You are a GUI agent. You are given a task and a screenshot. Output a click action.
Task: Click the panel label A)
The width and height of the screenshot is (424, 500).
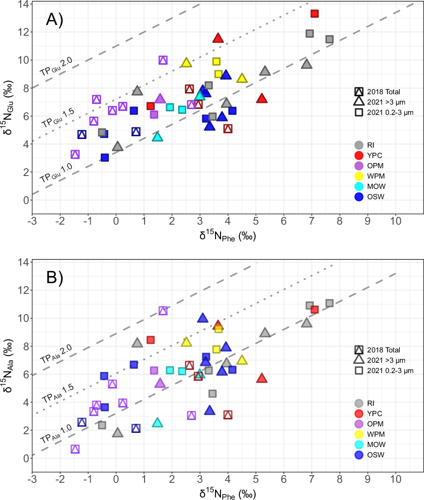(x=55, y=21)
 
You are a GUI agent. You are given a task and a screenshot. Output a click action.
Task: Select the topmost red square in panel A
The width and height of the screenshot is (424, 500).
(x=314, y=14)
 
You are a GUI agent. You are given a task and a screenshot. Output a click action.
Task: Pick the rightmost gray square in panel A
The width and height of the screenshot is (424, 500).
(x=329, y=39)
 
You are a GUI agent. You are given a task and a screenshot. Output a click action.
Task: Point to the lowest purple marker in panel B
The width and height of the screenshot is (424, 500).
(x=75, y=449)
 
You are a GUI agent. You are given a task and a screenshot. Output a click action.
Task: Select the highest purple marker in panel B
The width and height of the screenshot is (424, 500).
(x=163, y=311)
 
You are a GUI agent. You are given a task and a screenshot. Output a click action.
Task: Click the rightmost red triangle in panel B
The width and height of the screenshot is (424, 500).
(x=262, y=378)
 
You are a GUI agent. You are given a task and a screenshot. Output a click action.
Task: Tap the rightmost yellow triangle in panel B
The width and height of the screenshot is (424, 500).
(x=242, y=360)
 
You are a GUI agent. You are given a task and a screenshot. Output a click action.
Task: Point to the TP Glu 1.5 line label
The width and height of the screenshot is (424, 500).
(x=58, y=118)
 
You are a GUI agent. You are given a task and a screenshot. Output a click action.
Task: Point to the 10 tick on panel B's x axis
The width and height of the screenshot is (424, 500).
(x=396, y=480)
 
